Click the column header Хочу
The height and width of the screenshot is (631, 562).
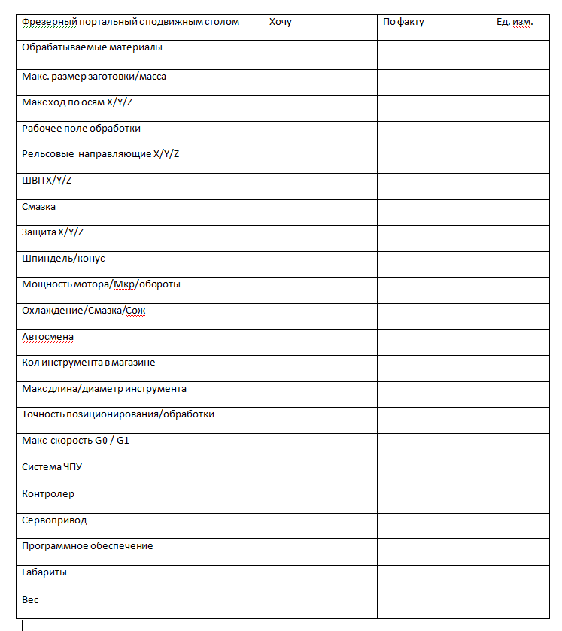[280, 22]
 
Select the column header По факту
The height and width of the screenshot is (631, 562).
[403, 22]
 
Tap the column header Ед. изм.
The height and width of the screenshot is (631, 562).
[515, 22]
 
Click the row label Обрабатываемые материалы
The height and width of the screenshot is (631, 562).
[93, 47]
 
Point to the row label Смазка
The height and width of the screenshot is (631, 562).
[39, 207]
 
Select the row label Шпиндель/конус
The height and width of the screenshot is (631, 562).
[64, 259]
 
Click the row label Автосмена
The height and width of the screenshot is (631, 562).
[48, 337]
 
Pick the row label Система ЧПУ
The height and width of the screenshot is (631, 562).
[52, 467]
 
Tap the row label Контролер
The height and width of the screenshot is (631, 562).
[48, 494]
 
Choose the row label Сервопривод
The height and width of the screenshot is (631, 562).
[54, 520]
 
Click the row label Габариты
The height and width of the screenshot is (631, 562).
[44, 572]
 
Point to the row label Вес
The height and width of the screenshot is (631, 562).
[30, 600]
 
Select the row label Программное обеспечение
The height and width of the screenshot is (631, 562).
[87, 546]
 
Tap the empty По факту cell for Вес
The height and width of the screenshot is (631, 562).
[433, 605]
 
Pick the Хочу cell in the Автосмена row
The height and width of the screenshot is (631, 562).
[320, 342]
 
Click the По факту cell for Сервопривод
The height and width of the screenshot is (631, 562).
[433, 526]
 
